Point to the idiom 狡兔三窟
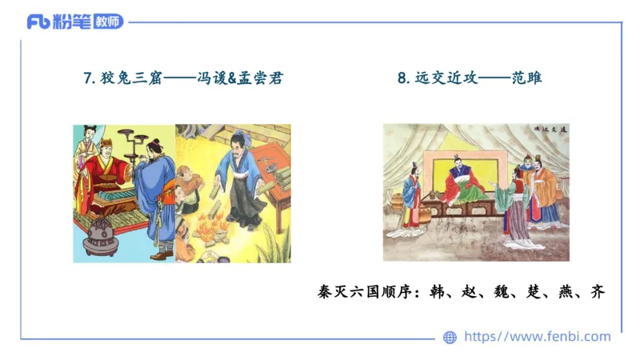pyautogui.click(x=128, y=78)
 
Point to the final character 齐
pyautogui.click(x=595, y=292)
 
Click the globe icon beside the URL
pyautogui.click(x=450, y=338)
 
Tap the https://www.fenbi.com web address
pyautogui.click(x=537, y=337)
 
